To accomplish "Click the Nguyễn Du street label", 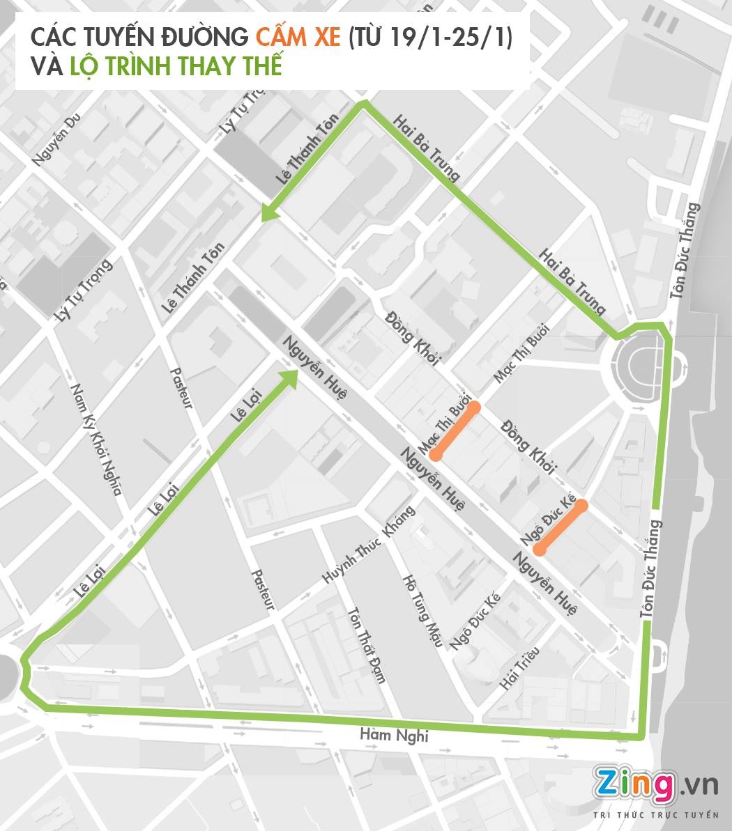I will tap(57, 141).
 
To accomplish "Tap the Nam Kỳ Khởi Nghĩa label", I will tap(97, 439).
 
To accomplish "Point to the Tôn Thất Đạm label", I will tap(366, 645).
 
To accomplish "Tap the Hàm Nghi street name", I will tap(394, 735).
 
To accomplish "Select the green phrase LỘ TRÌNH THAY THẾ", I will tap(176, 66).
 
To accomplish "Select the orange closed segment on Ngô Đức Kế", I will tap(561, 527).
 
